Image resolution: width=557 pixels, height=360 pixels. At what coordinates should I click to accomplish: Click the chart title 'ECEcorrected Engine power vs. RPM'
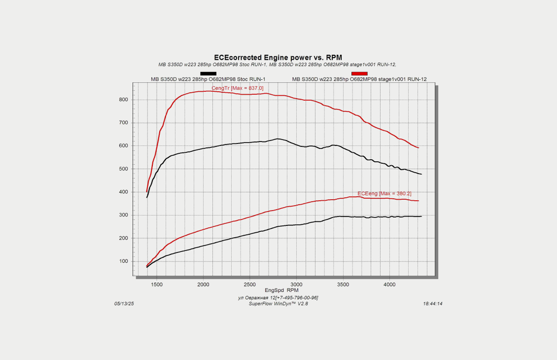[x=278, y=57]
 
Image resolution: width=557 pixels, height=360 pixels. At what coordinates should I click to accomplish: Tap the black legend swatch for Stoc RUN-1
[x=208, y=73]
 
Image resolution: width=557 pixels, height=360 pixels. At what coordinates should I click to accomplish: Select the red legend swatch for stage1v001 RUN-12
[x=359, y=73]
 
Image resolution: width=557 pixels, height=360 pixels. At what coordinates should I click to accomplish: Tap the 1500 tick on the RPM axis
[x=156, y=285]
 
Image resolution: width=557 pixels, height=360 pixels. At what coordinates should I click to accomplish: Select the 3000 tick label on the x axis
[x=296, y=285]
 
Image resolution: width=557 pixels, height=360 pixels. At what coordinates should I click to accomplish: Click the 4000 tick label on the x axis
[x=389, y=285]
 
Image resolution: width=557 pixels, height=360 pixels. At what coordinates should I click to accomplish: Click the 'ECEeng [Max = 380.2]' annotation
[x=384, y=193]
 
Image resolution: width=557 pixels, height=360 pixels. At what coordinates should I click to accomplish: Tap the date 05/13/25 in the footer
[x=124, y=304]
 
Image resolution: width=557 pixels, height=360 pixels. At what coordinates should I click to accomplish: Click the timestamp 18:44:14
[x=432, y=304]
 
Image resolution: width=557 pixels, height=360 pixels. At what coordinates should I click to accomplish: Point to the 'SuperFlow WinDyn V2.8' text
[x=278, y=303]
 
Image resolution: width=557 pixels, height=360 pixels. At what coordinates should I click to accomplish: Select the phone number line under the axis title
[x=278, y=297]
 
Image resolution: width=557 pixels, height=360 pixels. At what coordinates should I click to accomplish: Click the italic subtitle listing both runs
[x=278, y=65]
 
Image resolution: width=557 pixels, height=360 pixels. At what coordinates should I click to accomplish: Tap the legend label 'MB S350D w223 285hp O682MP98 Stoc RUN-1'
[x=208, y=79]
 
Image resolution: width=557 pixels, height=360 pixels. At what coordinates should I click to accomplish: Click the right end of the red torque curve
[x=418, y=147]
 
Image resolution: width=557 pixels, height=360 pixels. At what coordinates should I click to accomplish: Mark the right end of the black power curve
[x=421, y=216]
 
